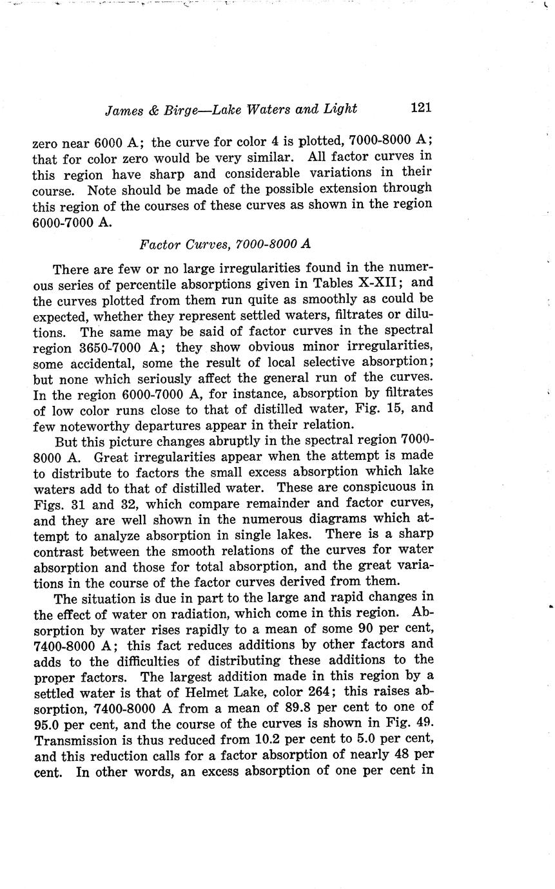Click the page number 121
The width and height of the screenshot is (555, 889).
coord(420,108)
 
